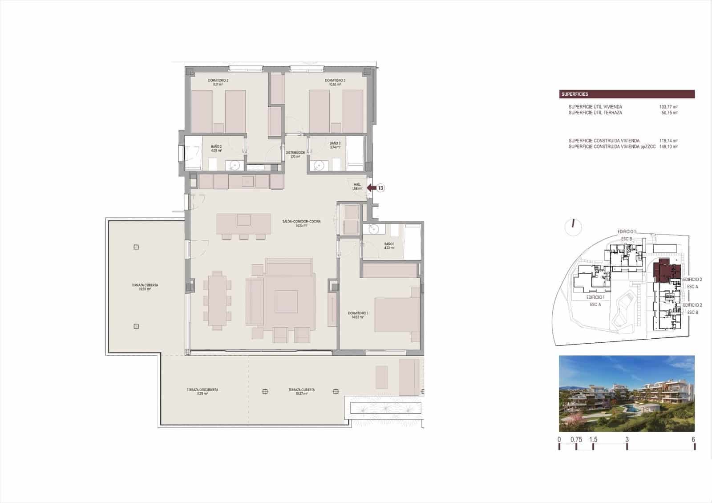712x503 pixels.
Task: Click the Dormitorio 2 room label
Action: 218,82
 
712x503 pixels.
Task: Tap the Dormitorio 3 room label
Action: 335,82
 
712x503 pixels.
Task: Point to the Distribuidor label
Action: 295,154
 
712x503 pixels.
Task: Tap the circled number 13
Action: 381,188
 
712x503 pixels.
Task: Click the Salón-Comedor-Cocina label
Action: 301,223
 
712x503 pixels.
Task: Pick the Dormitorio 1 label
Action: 358,315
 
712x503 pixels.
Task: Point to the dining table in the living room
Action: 217,301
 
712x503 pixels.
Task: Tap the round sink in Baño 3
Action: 319,166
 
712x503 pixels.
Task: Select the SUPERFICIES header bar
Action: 627,94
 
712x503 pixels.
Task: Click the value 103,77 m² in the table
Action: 668,107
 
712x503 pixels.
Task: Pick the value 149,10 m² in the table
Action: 668,146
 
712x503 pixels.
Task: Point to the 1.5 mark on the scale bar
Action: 593,440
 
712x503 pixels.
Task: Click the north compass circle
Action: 573,227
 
